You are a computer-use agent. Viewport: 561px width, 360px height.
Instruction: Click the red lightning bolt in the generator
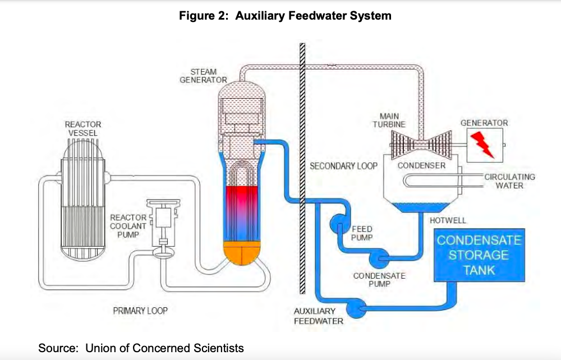point(483,144)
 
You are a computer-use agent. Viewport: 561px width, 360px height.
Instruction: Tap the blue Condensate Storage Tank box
point(479,255)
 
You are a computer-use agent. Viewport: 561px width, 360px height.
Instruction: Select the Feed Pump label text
point(362,233)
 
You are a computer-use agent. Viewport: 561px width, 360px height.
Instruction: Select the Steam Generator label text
point(203,76)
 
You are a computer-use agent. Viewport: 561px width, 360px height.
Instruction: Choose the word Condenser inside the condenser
point(421,165)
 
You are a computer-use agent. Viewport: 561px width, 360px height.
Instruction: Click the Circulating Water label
point(509,181)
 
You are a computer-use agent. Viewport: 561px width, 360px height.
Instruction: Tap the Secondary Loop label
point(343,166)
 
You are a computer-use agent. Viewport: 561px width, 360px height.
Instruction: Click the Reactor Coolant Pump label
point(128,226)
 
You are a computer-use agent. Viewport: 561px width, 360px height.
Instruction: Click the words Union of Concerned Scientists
point(164,348)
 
